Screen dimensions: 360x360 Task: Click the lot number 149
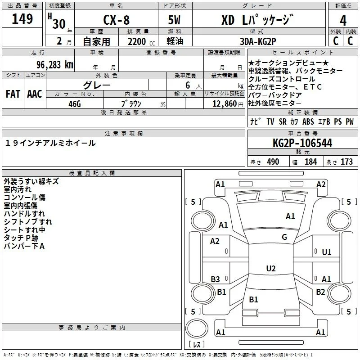click(22, 19)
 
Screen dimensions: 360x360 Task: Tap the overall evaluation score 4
click(343, 20)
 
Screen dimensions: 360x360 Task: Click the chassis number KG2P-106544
click(302, 143)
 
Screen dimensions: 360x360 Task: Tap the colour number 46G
click(74, 103)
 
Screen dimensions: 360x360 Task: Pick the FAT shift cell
click(13, 94)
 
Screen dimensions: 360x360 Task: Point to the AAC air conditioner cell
click(35, 94)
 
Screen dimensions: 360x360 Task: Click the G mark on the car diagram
click(284, 237)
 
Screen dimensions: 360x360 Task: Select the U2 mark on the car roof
click(270, 269)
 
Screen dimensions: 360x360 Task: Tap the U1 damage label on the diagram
click(326, 252)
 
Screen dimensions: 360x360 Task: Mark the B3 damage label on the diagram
click(215, 279)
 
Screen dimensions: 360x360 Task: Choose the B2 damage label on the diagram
click(320, 292)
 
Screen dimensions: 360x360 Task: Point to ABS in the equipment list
click(308, 122)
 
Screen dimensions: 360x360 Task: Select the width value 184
click(310, 162)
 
